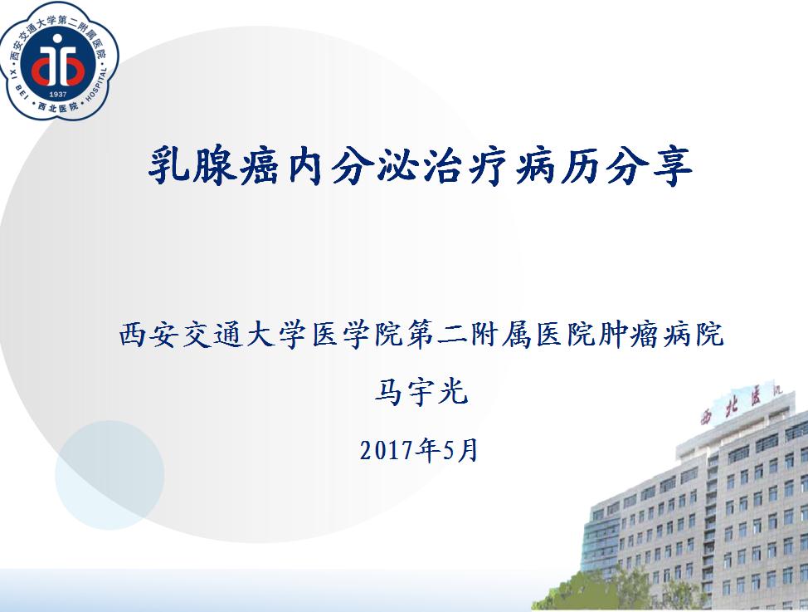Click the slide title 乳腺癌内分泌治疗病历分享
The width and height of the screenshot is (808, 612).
[420, 166]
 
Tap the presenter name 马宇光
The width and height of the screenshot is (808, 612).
[421, 392]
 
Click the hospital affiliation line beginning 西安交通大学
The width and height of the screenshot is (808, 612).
[421, 335]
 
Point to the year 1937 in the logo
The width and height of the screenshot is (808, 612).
[58, 95]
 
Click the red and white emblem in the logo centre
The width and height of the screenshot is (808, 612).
[58, 61]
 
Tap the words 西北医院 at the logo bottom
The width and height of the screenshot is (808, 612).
[58, 107]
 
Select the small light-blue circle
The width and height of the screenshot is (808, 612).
[110, 475]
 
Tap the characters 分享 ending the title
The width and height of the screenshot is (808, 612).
[648, 166]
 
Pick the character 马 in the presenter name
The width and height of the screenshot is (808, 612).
[390, 392]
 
